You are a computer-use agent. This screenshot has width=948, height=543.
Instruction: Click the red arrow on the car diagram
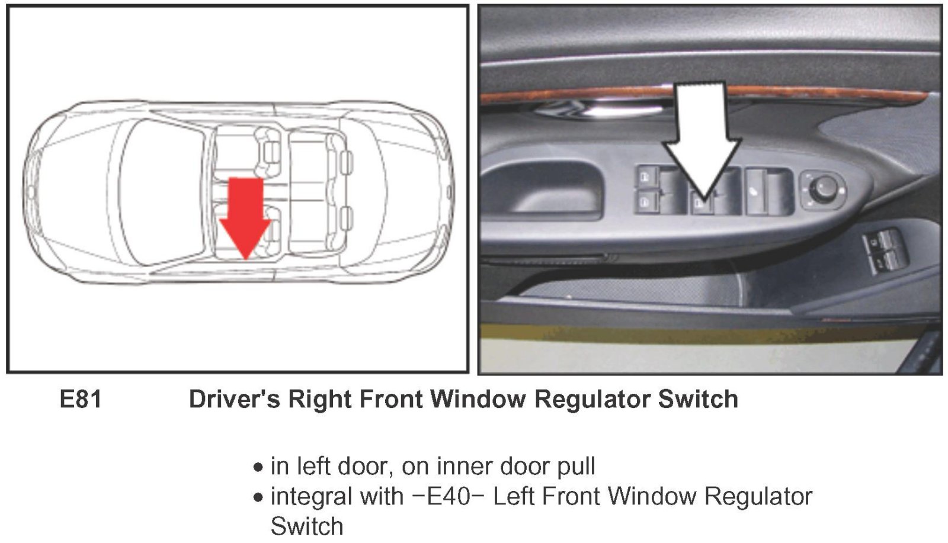pos(245,217)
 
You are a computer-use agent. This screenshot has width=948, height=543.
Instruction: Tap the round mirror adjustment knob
pos(822,191)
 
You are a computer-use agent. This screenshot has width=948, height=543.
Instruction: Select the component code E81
pos(81,399)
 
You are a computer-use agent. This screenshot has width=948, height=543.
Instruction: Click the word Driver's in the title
pos(235,399)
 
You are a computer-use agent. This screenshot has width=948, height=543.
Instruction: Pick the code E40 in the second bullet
pos(449,496)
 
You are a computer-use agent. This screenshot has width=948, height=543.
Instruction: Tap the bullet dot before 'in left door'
pos(258,468)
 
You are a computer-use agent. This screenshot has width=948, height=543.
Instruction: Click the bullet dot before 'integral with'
pos(258,497)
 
